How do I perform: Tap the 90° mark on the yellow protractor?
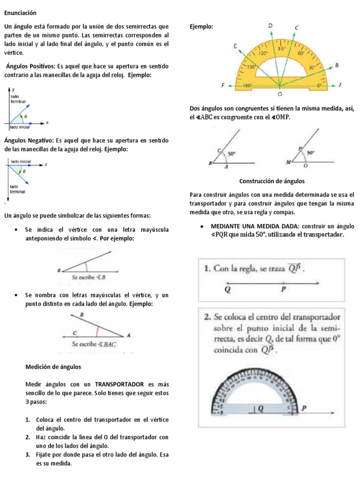pos(282,48)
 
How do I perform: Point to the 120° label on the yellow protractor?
pos(263,53)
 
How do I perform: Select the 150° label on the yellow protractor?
pos(251,67)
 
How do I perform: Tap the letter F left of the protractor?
pos(223,86)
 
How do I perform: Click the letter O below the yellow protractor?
pos(280,94)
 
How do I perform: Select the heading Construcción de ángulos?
pos(272,180)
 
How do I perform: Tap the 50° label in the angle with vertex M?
pos(310,152)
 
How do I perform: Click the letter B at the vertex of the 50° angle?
pos(210,164)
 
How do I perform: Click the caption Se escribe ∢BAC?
pos(94,344)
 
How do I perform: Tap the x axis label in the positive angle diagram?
pos(47,123)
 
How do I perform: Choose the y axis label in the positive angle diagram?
pos(13,89)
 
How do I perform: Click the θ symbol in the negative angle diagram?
pos(24,172)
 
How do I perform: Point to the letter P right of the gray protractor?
pos(303,408)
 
